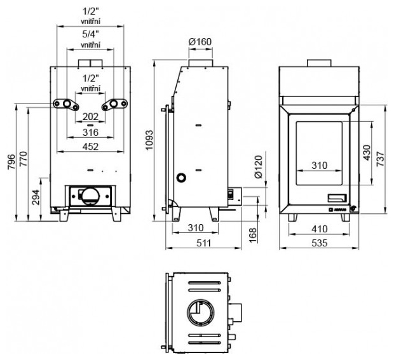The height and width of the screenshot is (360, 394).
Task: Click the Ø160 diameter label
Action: (x=200, y=43)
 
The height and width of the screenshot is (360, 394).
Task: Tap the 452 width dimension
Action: (x=90, y=147)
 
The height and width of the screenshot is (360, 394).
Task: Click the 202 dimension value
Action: (x=90, y=117)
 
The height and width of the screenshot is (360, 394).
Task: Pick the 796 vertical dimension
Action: (x=11, y=163)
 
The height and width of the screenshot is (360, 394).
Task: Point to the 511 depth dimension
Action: (x=200, y=242)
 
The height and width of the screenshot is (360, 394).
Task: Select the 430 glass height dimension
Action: (x=367, y=153)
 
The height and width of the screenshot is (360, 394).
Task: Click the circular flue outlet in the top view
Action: (x=201, y=313)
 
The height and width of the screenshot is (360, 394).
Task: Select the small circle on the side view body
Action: (x=182, y=177)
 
